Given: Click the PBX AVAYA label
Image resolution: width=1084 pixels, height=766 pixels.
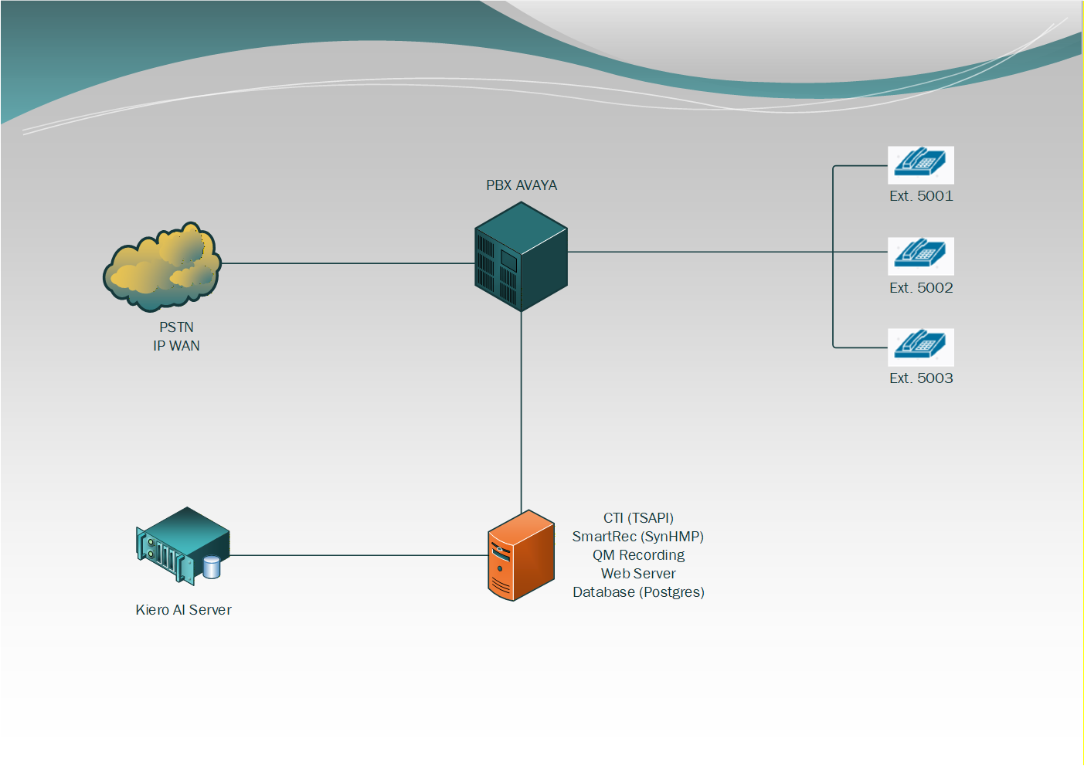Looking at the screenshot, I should (522, 185).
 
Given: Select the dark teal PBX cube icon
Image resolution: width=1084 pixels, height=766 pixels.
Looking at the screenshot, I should (521, 257).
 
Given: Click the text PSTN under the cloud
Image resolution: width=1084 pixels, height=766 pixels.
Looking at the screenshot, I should (176, 327).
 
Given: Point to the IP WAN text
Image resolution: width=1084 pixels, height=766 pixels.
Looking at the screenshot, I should (176, 346).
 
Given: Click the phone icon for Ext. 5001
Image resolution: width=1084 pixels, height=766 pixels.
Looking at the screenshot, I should (920, 164).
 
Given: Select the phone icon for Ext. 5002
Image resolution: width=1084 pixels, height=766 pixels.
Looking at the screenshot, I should (920, 256).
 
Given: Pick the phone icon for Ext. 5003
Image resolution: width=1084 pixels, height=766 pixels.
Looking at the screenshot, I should (920, 347).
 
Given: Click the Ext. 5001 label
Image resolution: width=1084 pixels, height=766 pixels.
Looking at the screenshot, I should (921, 196).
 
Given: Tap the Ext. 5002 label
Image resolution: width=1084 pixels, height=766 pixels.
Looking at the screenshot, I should (921, 288).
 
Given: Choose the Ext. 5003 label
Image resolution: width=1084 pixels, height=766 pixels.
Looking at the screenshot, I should (921, 378).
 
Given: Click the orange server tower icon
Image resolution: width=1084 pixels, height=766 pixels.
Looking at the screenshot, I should (521, 556).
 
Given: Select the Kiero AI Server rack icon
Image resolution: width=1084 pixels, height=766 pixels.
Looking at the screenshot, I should (182, 545).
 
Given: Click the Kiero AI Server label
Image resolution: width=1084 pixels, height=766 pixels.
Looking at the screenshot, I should (183, 610).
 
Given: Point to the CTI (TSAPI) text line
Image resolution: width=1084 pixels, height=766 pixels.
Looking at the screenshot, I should (638, 518).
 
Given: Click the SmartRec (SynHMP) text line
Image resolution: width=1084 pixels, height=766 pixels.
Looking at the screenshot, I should (638, 537).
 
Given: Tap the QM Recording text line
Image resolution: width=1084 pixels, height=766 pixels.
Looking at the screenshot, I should (638, 555).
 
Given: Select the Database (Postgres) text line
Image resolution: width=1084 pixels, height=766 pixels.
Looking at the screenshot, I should (638, 592).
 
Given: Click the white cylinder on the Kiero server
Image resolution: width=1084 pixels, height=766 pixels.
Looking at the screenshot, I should (212, 568).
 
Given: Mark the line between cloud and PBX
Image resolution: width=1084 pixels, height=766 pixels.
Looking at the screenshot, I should (348, 263).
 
